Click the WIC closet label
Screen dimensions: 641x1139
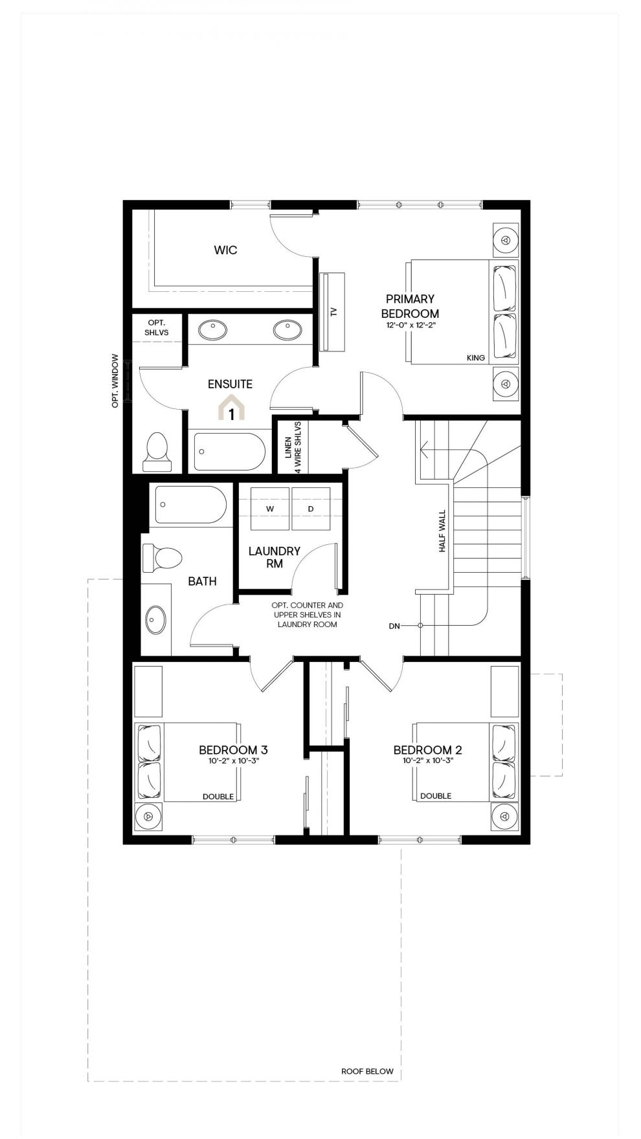[225, 250]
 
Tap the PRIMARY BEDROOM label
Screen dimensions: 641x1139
[410, 306]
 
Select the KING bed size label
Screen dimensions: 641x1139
[476, 358]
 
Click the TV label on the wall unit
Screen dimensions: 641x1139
[334, 311]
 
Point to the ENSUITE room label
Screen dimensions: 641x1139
[230, 384]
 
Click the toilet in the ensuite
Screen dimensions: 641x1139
[157, 452]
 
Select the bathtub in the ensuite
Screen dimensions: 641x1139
[230, 452]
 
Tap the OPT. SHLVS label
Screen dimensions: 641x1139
[157, 327]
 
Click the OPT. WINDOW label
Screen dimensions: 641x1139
[115, 380]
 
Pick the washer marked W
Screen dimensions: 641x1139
[270, 509]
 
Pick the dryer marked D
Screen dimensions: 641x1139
[311, 509]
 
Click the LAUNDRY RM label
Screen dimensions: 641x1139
[275, 557]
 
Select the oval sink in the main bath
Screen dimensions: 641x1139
[155, 619]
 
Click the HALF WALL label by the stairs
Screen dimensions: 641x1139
[443, 531]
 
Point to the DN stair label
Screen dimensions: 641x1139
[394, 626]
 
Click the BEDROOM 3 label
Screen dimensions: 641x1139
[233, 750]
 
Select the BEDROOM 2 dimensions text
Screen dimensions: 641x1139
[428, 761]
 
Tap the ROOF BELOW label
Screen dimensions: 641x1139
[367, 1071]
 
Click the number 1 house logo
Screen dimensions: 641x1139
[232, 409]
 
